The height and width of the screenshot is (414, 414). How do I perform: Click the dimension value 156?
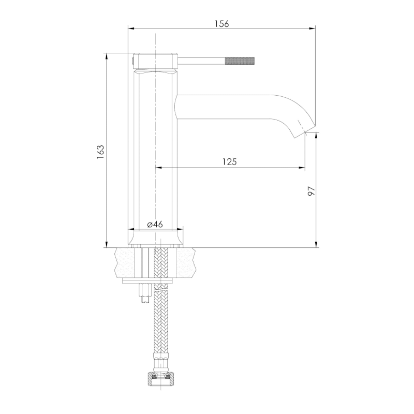pos(221,24)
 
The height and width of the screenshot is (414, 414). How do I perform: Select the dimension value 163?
pos(100,152)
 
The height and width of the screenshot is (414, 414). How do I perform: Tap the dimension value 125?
pos(229,161)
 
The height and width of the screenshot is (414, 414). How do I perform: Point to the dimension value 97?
pos(312,190)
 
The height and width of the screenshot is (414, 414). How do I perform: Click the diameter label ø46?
pos(155,225)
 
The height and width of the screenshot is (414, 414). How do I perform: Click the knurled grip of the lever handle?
pos(240,61)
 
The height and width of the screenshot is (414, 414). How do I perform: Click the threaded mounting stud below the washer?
pos(145,293)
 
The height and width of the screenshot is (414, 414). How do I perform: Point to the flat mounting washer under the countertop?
pos(149,281)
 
